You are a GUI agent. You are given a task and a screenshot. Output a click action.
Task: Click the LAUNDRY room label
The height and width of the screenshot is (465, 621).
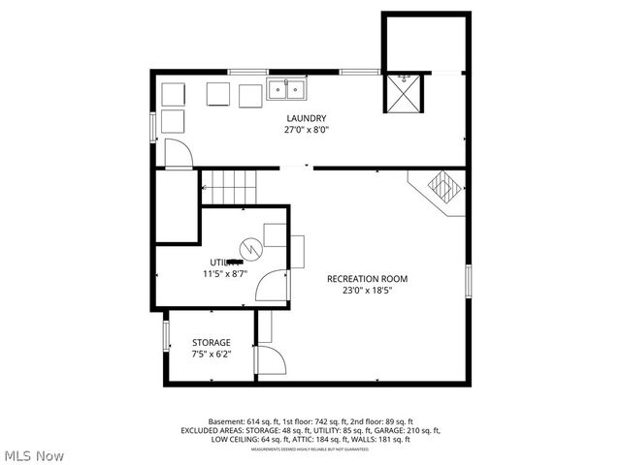tap(306, 118)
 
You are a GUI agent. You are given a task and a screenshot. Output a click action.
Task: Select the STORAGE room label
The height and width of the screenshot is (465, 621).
tap(211, 343)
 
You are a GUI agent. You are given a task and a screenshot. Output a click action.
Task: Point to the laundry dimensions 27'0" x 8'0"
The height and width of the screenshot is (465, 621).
tap(306, 130)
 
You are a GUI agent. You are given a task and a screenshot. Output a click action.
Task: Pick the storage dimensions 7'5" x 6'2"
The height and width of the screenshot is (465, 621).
tap(211, 355)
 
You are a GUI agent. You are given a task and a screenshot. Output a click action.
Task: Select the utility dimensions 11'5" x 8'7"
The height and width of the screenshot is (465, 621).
tap(225, 274)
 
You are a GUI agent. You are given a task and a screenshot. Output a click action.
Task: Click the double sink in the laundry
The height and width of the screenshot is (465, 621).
tap(287, 90)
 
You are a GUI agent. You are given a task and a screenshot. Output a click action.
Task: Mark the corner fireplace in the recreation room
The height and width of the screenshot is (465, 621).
tap(443, 185)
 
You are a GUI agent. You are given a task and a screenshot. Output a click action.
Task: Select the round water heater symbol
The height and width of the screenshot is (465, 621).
tap(250, 249)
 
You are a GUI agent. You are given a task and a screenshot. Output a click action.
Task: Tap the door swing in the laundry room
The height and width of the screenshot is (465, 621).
tap(178, 153)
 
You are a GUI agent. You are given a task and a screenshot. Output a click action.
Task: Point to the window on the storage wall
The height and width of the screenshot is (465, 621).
tap(165, 336)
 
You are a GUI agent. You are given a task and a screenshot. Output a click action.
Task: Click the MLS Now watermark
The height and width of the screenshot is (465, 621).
tap(34, 454)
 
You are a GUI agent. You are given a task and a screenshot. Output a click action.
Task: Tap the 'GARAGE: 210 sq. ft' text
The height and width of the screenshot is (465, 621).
tap(401, 430)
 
